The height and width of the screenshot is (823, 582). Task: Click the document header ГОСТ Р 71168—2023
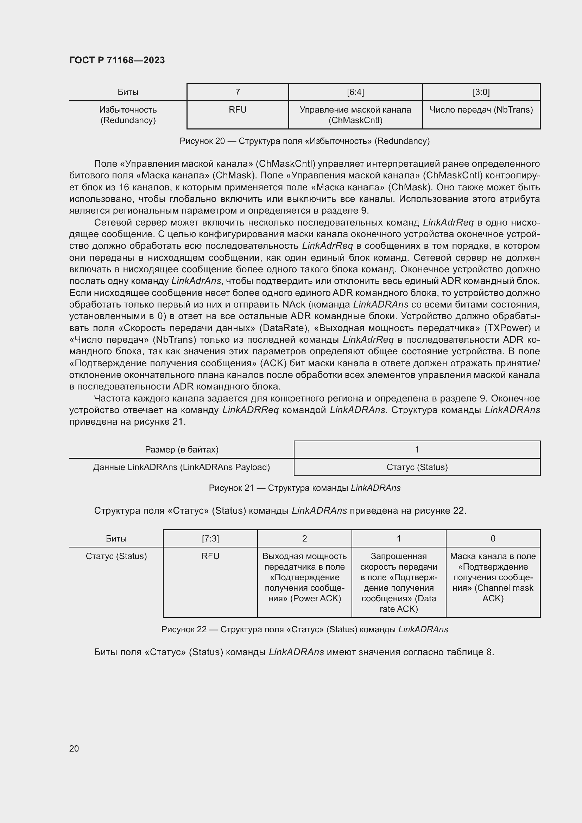(x=117, y=60)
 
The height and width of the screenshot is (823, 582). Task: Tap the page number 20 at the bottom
(x=74, y=748)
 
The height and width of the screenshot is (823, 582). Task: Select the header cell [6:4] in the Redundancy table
(x=355, y=92)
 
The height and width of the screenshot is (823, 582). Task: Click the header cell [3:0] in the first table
(x=481, y=92)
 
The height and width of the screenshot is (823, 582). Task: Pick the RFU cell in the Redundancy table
(x=238, y=110)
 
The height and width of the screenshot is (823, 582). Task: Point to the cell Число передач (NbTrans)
(x=481, y=110)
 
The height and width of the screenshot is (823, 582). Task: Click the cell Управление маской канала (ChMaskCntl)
(x=355, y=115)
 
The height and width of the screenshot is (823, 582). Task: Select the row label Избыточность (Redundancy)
(x=128, y=115)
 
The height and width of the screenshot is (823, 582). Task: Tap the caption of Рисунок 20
(x=304, y=141)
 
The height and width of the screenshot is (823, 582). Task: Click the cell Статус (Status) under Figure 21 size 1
(x=417, y=467)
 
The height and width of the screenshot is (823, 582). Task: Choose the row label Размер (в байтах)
(x=181, y=449)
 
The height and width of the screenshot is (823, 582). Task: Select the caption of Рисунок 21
(x=304, y=488)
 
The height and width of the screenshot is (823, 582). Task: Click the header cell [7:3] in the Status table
(x=210, y=538)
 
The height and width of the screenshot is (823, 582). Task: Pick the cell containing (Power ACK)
(x=304, y=577)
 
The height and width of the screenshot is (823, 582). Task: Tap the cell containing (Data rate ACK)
(x=399, y=582)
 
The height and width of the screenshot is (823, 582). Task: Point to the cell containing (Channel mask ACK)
(x=493, y=577)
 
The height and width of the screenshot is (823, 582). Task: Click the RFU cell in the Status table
(x=210, y=556)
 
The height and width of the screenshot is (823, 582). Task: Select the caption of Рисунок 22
(x=304, y=629)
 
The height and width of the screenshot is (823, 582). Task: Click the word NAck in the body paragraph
(x=293, y=305)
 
